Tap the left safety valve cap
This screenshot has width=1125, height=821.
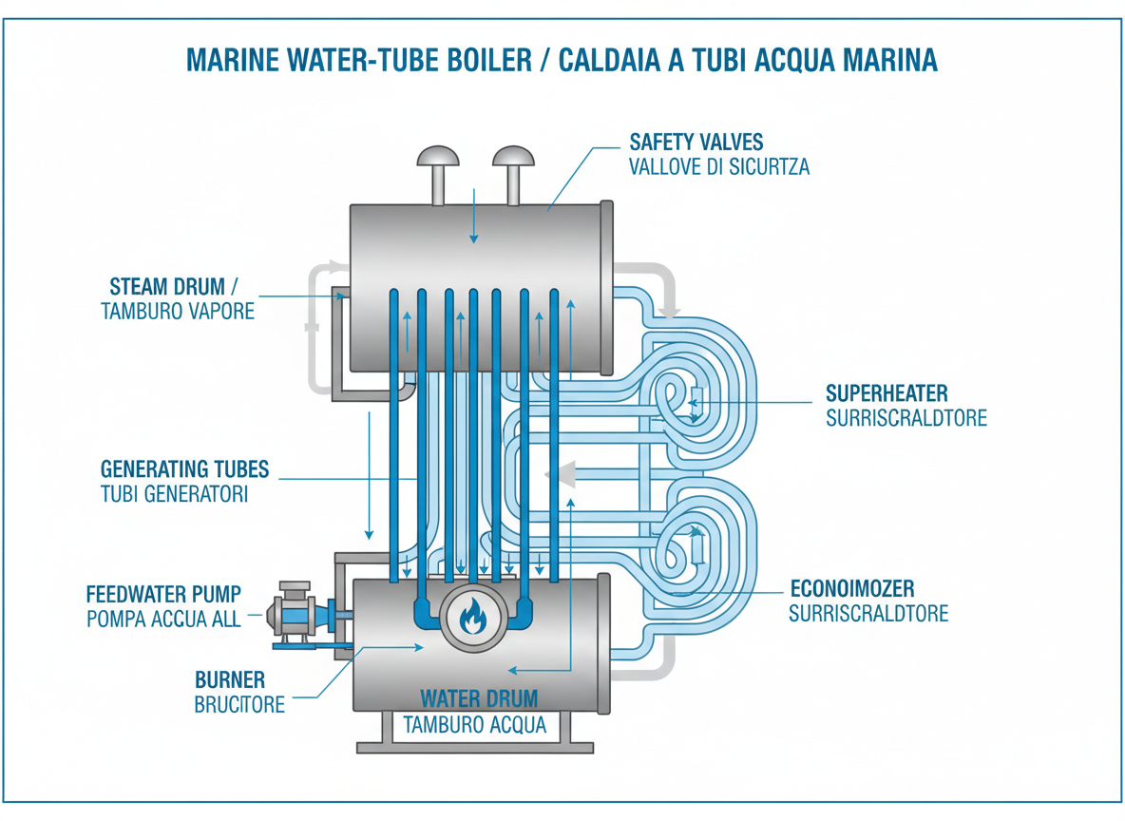point(438,157)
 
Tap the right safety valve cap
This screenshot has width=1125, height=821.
point(513,157)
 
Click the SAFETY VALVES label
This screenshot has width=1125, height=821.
point(696,143)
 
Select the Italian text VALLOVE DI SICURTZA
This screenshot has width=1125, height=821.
point(719,167)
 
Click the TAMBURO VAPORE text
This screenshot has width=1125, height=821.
point(178,311)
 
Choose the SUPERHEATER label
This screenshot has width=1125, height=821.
point(886,393)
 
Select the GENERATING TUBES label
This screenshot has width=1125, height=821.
point(184,468)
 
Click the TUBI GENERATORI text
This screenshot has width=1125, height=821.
point(174,494)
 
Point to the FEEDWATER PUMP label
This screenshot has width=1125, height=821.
point(163,594)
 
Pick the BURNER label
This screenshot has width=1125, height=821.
point(230,680)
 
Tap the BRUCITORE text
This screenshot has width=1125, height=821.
point(239,705)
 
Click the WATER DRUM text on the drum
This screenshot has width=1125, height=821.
point(479,698)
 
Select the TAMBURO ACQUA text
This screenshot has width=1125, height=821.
point(475,725)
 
